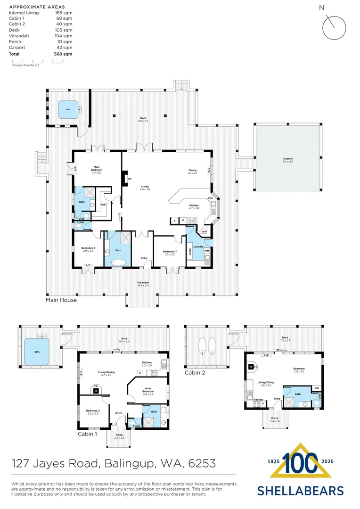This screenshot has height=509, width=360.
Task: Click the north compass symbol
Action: [334, 26]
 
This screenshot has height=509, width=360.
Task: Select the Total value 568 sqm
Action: [64, 54]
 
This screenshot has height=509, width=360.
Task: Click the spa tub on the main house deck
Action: [68, 110]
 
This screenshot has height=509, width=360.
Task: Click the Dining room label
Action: [192, 172]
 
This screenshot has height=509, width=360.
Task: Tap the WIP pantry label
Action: [204, 232]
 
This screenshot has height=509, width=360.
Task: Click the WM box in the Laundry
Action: [206, 251]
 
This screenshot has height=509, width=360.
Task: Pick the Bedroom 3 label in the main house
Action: [170, 253]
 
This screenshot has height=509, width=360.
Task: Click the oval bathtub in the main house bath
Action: [118, 263]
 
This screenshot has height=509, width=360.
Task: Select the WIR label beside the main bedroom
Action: [103, 205]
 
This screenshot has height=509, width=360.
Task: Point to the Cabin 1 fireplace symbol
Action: [96, 391]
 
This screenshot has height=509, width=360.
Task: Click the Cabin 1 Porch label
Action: [119, 436]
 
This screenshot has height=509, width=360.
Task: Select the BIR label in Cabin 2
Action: [316, 388]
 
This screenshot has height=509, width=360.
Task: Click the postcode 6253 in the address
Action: [202, 464]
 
